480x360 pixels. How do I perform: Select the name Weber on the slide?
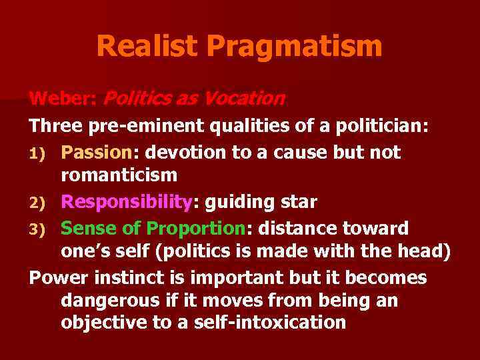pos(62,99)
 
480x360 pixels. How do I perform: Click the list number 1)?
pos(37,153)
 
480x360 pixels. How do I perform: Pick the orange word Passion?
pos(97,153)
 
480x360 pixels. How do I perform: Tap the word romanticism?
pos(119,175)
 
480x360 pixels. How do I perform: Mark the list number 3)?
pos(37,229)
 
